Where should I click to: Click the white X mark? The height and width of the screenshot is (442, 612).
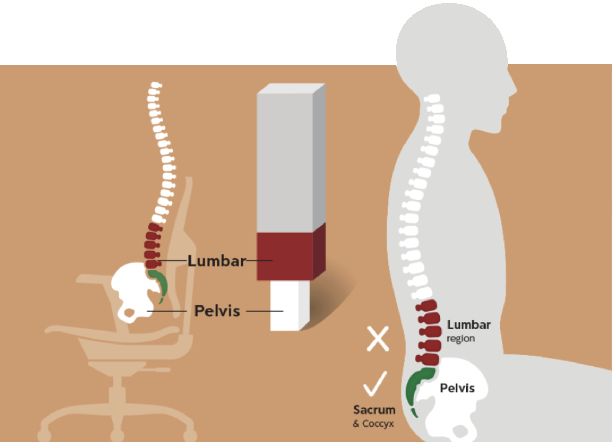pos(378,339)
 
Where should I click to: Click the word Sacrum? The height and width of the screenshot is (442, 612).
pos(374,410)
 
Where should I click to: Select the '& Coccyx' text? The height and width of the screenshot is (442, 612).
pos(373,423)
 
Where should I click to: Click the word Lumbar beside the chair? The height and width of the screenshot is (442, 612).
pos(216,261)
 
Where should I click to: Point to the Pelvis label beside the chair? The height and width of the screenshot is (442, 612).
pos(217,311)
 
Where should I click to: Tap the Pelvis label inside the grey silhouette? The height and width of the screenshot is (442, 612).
pos(457,388)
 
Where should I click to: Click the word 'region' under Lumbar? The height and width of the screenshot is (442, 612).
pos(460,339)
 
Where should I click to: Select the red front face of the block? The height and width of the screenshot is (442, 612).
pos(285,256)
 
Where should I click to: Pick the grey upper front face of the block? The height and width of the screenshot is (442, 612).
pos(285,162)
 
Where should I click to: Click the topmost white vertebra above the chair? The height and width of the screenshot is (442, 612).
pos(155,85)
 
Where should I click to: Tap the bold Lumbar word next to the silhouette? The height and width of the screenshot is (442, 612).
pos(469,325)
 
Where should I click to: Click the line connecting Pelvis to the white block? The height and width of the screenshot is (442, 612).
pos(264,311)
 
